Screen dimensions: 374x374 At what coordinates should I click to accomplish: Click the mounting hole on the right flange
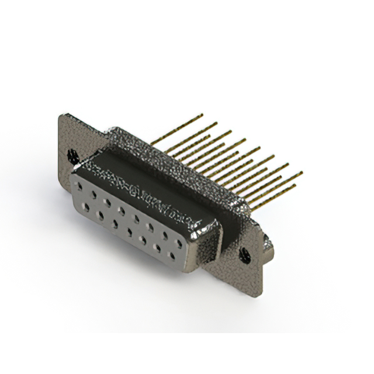point(245,255)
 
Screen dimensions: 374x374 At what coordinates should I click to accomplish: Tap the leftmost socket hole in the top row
point(80,186)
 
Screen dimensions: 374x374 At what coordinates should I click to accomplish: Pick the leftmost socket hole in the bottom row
point(87,206)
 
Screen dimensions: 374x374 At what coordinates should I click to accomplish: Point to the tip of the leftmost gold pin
point(202,115)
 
